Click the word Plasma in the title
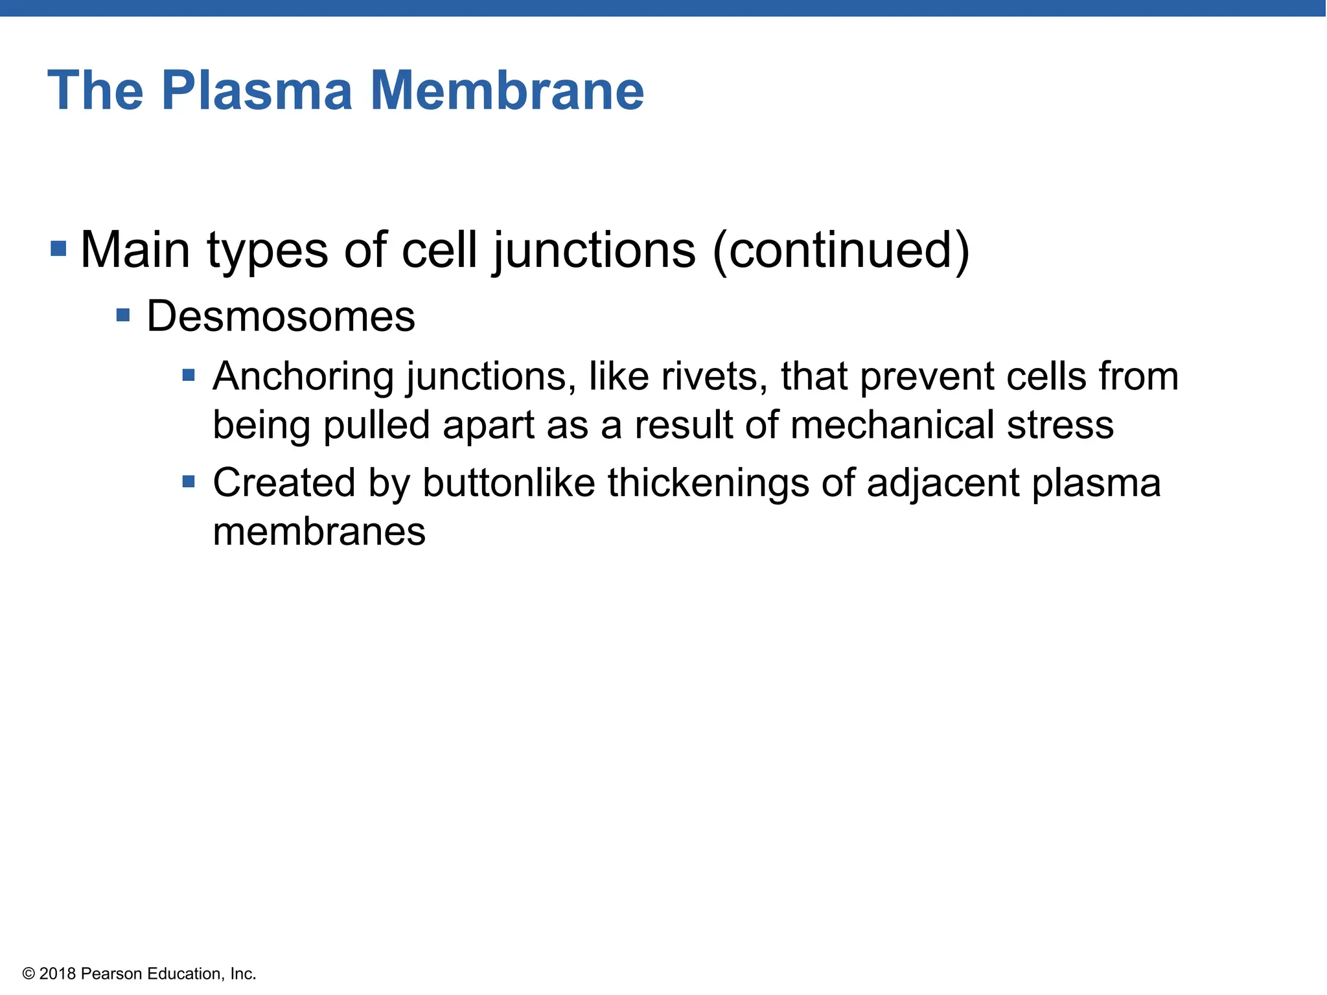(x=257, y=91)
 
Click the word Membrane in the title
(x=507, y=91)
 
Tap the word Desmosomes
(x=281, y=317)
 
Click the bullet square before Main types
(x=58, y=248)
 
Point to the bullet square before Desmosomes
(x=123, y=315)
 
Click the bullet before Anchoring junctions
(x=189, y=375)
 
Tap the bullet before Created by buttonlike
(x=189, y=481)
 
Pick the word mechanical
(x=892, y=426)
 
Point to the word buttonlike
(x=509, y=483)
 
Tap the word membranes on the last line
(x=319, y=532)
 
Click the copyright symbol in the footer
(x=29, y=974)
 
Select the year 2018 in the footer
(x=58, y=974)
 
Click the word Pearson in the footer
(x=111, y=974)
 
